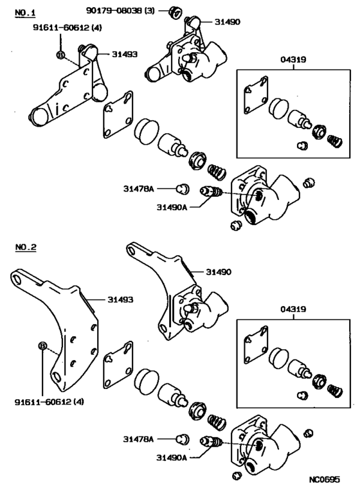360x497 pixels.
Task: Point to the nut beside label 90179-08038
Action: pos(172,11)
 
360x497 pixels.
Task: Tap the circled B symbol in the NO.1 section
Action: pos(60,55)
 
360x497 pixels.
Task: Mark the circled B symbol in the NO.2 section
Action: pos(42,347)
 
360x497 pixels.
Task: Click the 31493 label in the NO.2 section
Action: pos(120,299)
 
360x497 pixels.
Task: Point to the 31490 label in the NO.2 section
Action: pos(219,272)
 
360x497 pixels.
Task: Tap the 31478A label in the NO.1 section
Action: pos(139,188)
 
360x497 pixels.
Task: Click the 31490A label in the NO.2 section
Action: pos(171,458)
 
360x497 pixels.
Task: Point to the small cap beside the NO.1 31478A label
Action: pos(182,188)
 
